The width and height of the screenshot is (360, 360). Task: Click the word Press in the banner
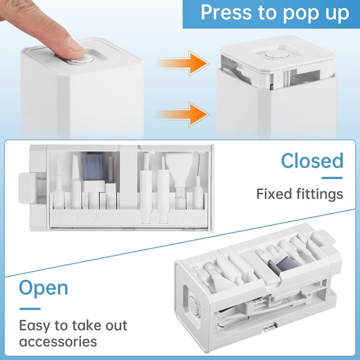tap(226, 12)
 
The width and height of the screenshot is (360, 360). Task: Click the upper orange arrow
tap(183, 63)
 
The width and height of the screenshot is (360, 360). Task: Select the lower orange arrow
tap(183, 114)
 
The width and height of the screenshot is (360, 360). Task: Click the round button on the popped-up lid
tap(277, 55)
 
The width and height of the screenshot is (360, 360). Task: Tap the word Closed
tap(312, 160)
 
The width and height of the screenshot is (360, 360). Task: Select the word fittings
tap(319, 194)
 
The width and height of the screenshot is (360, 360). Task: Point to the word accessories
tap(58, 341)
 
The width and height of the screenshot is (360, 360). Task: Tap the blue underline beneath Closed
tap(332, 178)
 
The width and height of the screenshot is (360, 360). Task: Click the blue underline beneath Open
tap(30, 309)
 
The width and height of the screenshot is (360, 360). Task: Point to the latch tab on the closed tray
tap(27, 188)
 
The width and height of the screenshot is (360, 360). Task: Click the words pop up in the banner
tap(316, 13)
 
